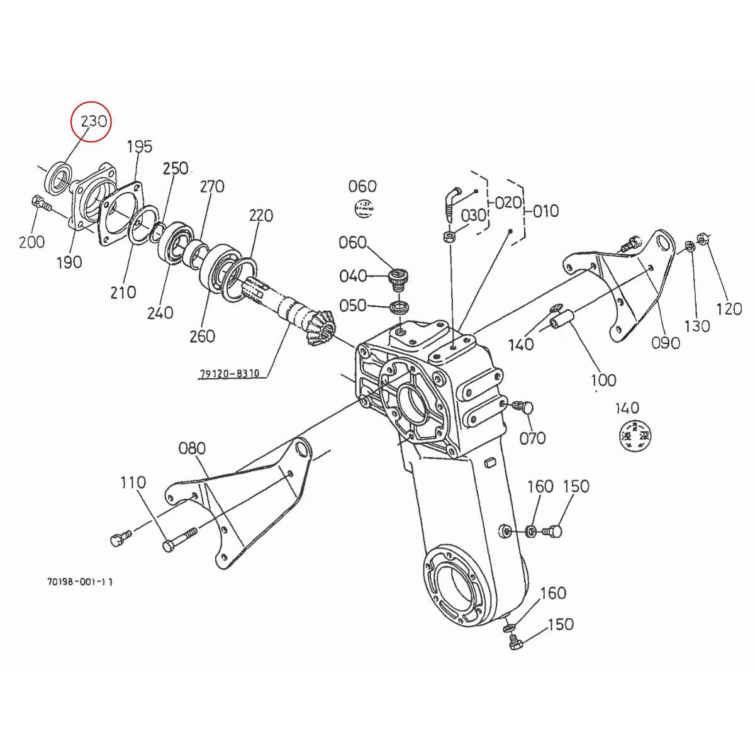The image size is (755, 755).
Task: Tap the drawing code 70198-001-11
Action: pyautogui.click(x=79, y=583)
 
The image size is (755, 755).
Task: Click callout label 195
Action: pyautogui.click(x=140, y=147)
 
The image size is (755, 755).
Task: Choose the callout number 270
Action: pyautogui.click(x=212, y=187)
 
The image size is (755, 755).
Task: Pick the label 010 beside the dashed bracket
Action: pyautogui.click(x=545, y=211)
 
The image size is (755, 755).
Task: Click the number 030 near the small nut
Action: pyautogui.click(x=473, y=215)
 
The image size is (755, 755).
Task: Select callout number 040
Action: pyautogui.click(x=352, y=276)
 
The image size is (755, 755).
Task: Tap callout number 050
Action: pyautogui.click(x=352, y=305)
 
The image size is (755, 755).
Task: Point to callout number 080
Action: pyautogui.click(x=192, y=449)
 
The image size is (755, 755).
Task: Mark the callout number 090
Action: pyautogui.click(x=666, y=343)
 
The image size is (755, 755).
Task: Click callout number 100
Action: pyautogui.click(x=603, y=380)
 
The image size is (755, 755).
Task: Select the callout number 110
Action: pyautogui.click(x=133, y=483)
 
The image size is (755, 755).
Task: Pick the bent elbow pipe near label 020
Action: pyautogui.click(x=450, y=200)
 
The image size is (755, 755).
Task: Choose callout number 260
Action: pyautogui.click(x=202, y=336)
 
